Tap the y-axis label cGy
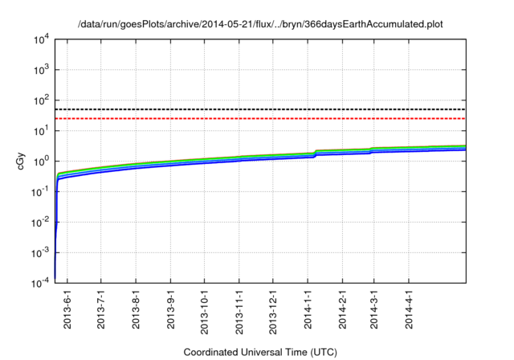22,160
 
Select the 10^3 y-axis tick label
40,70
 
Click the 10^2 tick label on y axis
40,100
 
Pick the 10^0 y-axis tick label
40,161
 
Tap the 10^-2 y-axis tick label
40,221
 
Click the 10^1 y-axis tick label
40,130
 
